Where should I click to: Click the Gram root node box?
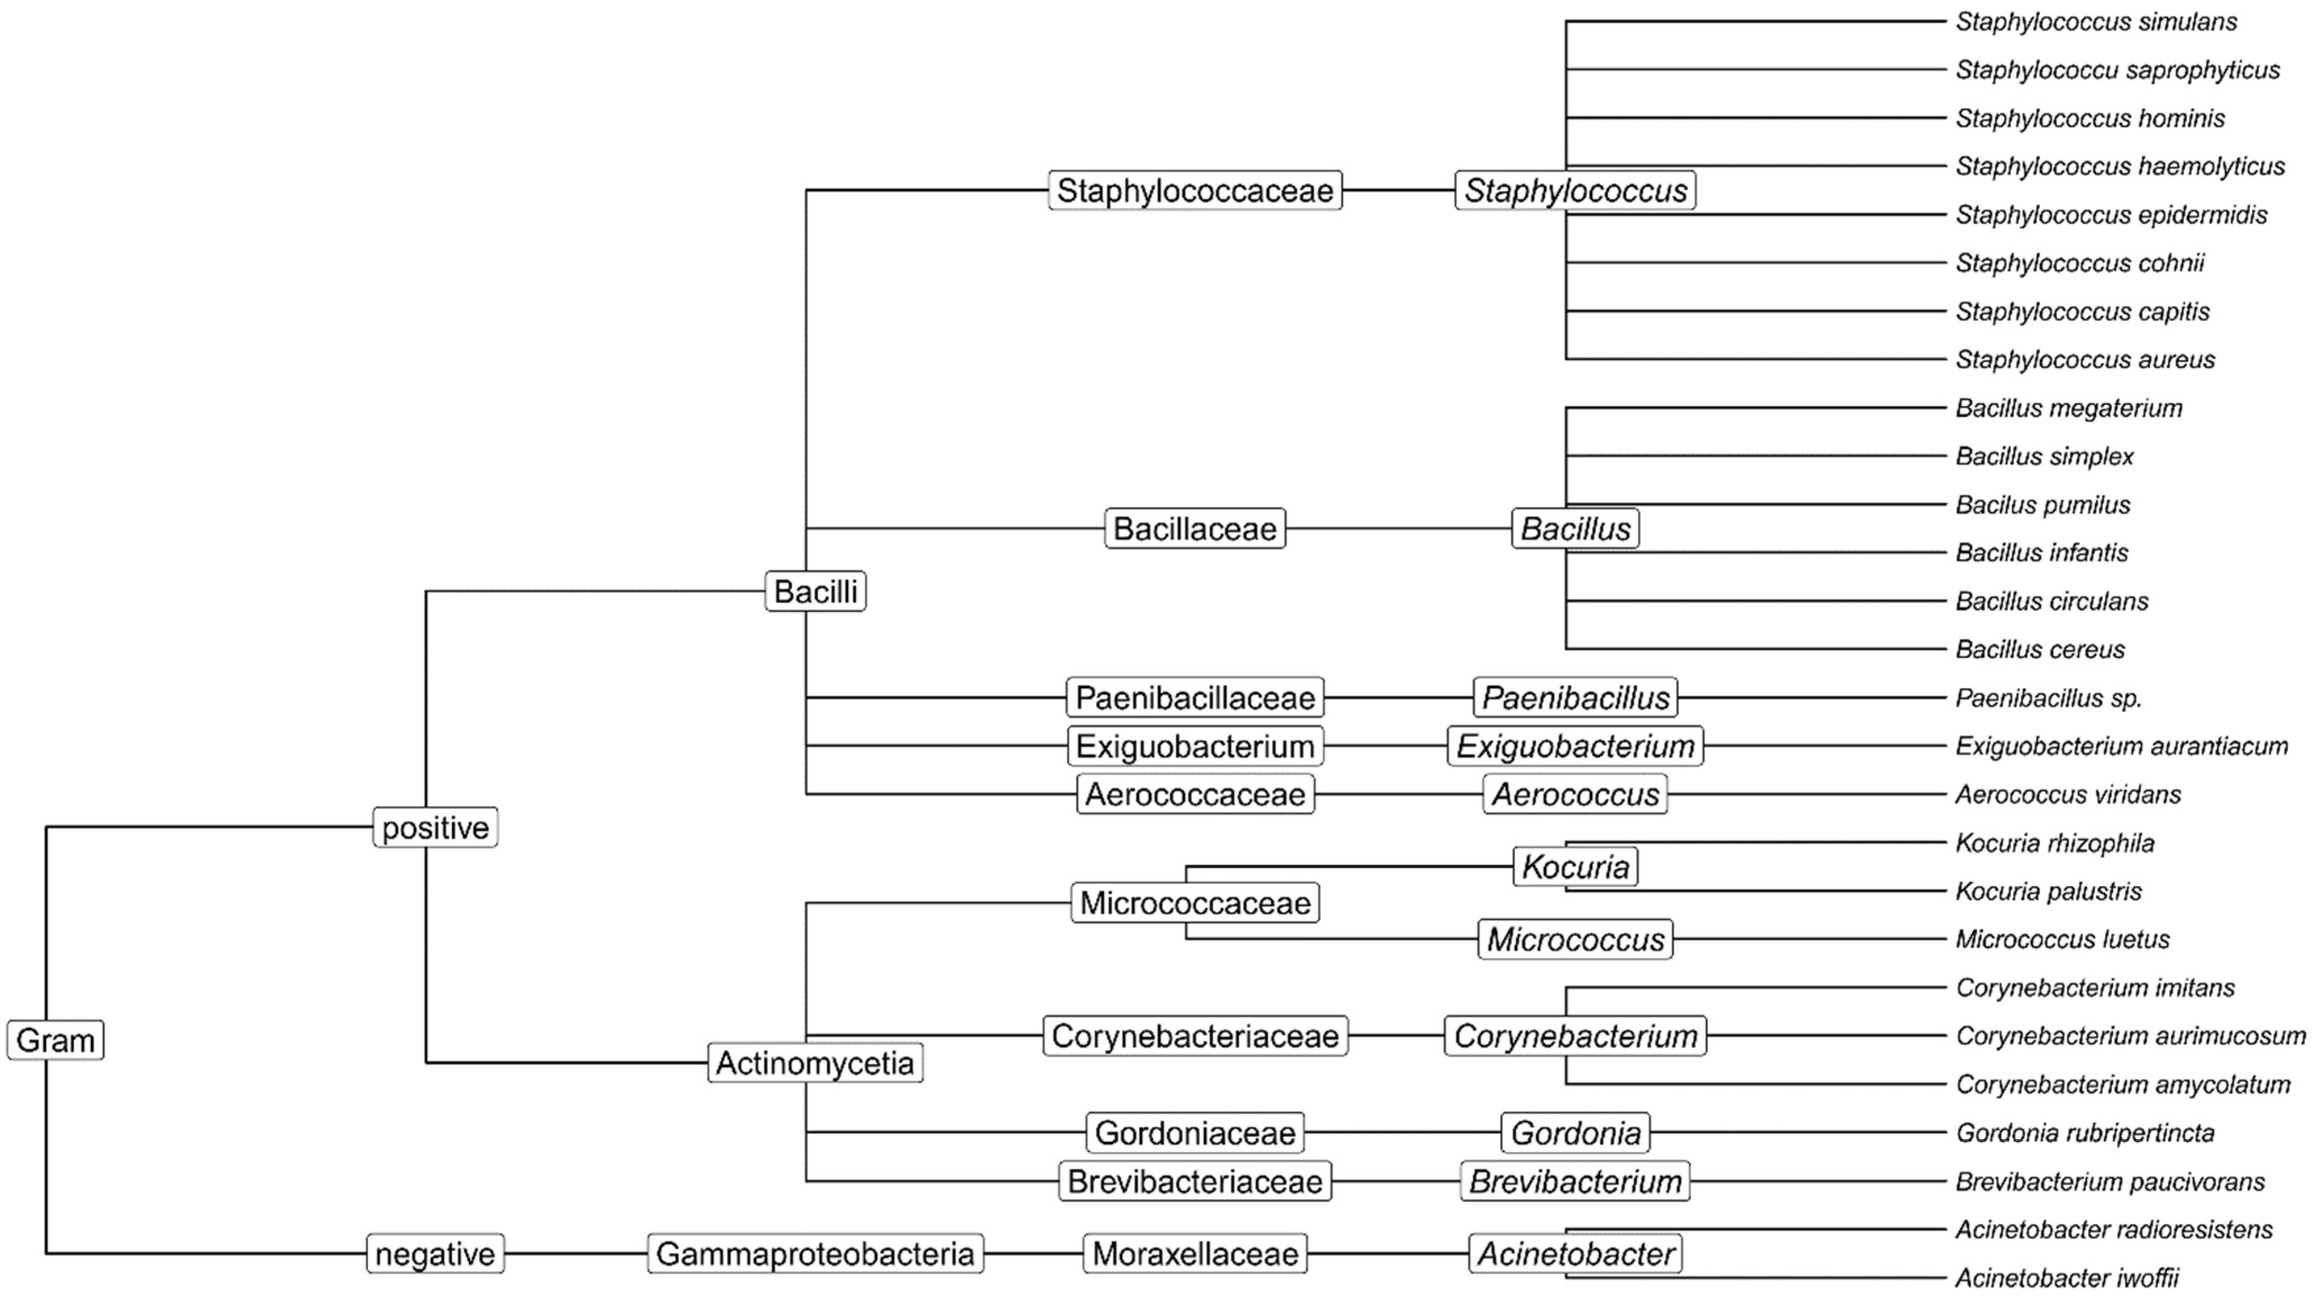click(55, 1040)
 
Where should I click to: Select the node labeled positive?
click(435, 827)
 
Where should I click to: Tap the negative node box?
click(435, 1254)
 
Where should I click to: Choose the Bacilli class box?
click(815, 591)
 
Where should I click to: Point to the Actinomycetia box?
click(815, 1063)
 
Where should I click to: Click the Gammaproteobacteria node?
click(815, 1254)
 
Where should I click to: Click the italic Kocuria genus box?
click(1575, 867)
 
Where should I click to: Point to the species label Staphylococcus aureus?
click(2085, 360)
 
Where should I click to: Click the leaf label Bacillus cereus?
click(2040, 649)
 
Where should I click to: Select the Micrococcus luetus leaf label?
click(2063, 939)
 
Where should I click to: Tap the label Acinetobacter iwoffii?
click(2067, 1278)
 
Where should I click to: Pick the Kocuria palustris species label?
click(2049, 891)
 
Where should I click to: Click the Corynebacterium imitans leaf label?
click(2095, 988)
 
